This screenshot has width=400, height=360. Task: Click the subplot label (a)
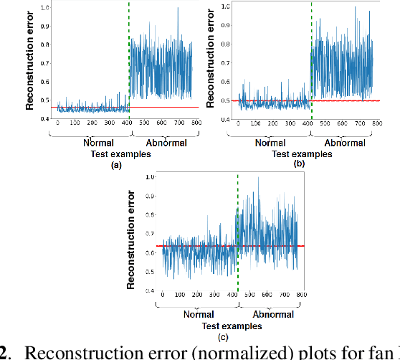coord(112,164)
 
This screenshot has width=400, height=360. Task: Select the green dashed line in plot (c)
coord(238,215)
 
